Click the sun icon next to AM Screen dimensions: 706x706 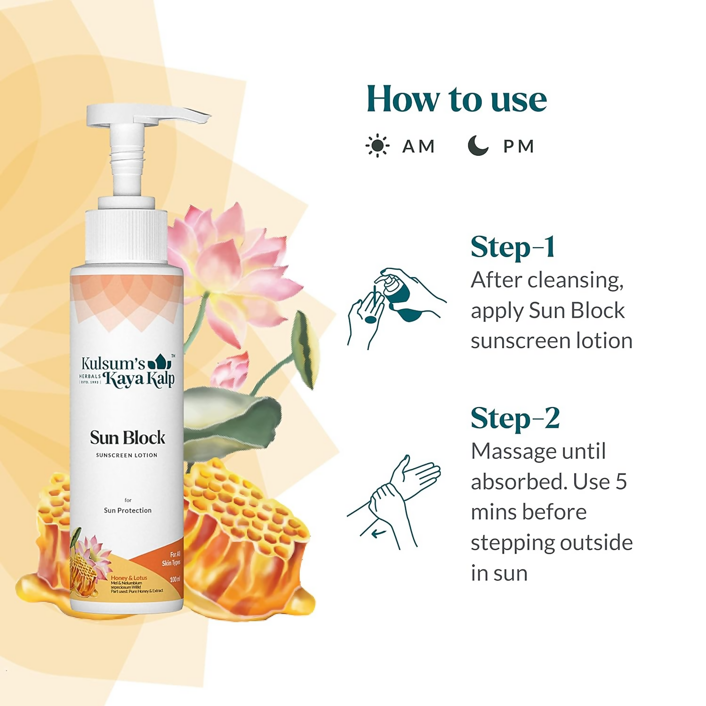click(377, 146)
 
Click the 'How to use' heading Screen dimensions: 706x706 click(457, 99)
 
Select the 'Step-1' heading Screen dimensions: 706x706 click(513, 247)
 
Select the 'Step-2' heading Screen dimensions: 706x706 click(515, 418)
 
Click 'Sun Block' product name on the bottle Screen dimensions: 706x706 click(128, 438)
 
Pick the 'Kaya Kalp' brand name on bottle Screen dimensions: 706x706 click(139, 379)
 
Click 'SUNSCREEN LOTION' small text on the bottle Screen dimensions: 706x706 click(127, 455)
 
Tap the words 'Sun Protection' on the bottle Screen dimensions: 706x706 click(128, 510)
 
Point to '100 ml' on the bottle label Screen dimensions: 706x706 click(175, 579)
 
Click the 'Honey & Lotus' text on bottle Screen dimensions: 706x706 click(129, 578)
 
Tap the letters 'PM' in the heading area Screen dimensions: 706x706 click(519, 146)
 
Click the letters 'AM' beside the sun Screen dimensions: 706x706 click(418, 146)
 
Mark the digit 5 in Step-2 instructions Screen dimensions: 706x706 click(621, 482)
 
